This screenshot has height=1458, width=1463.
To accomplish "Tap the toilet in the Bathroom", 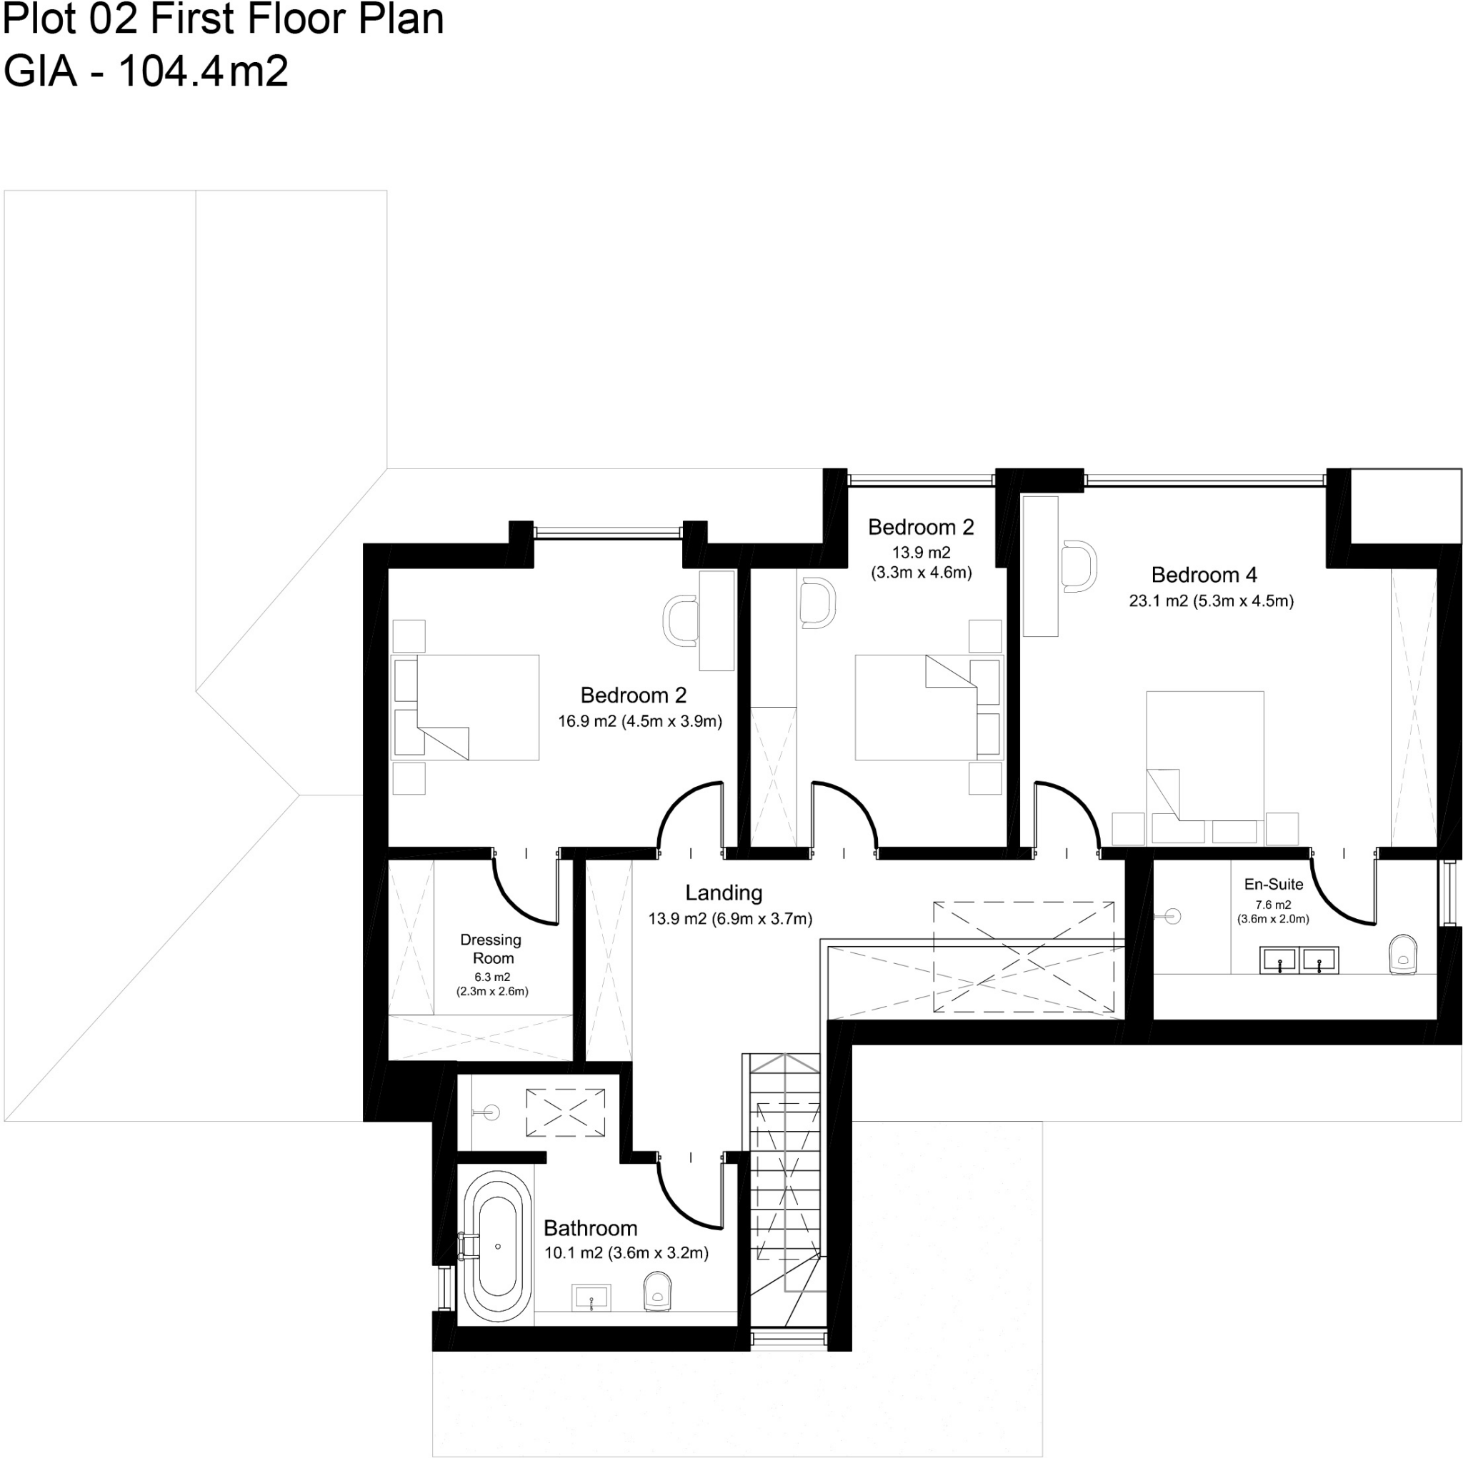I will tap(657, 1291).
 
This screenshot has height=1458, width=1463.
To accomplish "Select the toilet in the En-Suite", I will tap(1403, 955).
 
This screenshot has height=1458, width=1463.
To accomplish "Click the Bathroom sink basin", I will tap(591, 1298).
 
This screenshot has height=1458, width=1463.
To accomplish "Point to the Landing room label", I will tap(723, 893).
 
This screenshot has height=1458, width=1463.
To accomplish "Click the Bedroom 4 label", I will tap(1203, 575).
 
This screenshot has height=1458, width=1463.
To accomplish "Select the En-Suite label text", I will tap(1274, 884).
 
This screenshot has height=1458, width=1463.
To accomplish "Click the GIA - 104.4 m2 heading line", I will tap(146, 72).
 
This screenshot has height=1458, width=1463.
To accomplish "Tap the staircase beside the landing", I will tap(785, 1181).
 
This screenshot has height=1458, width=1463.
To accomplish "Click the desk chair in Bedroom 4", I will tap(1078, 566).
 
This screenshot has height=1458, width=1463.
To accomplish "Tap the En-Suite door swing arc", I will tap(1344, 893).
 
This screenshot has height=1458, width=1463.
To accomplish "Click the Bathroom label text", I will tap(590, 1228).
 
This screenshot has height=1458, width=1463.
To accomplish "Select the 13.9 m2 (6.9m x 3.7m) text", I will tap(730, 919).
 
